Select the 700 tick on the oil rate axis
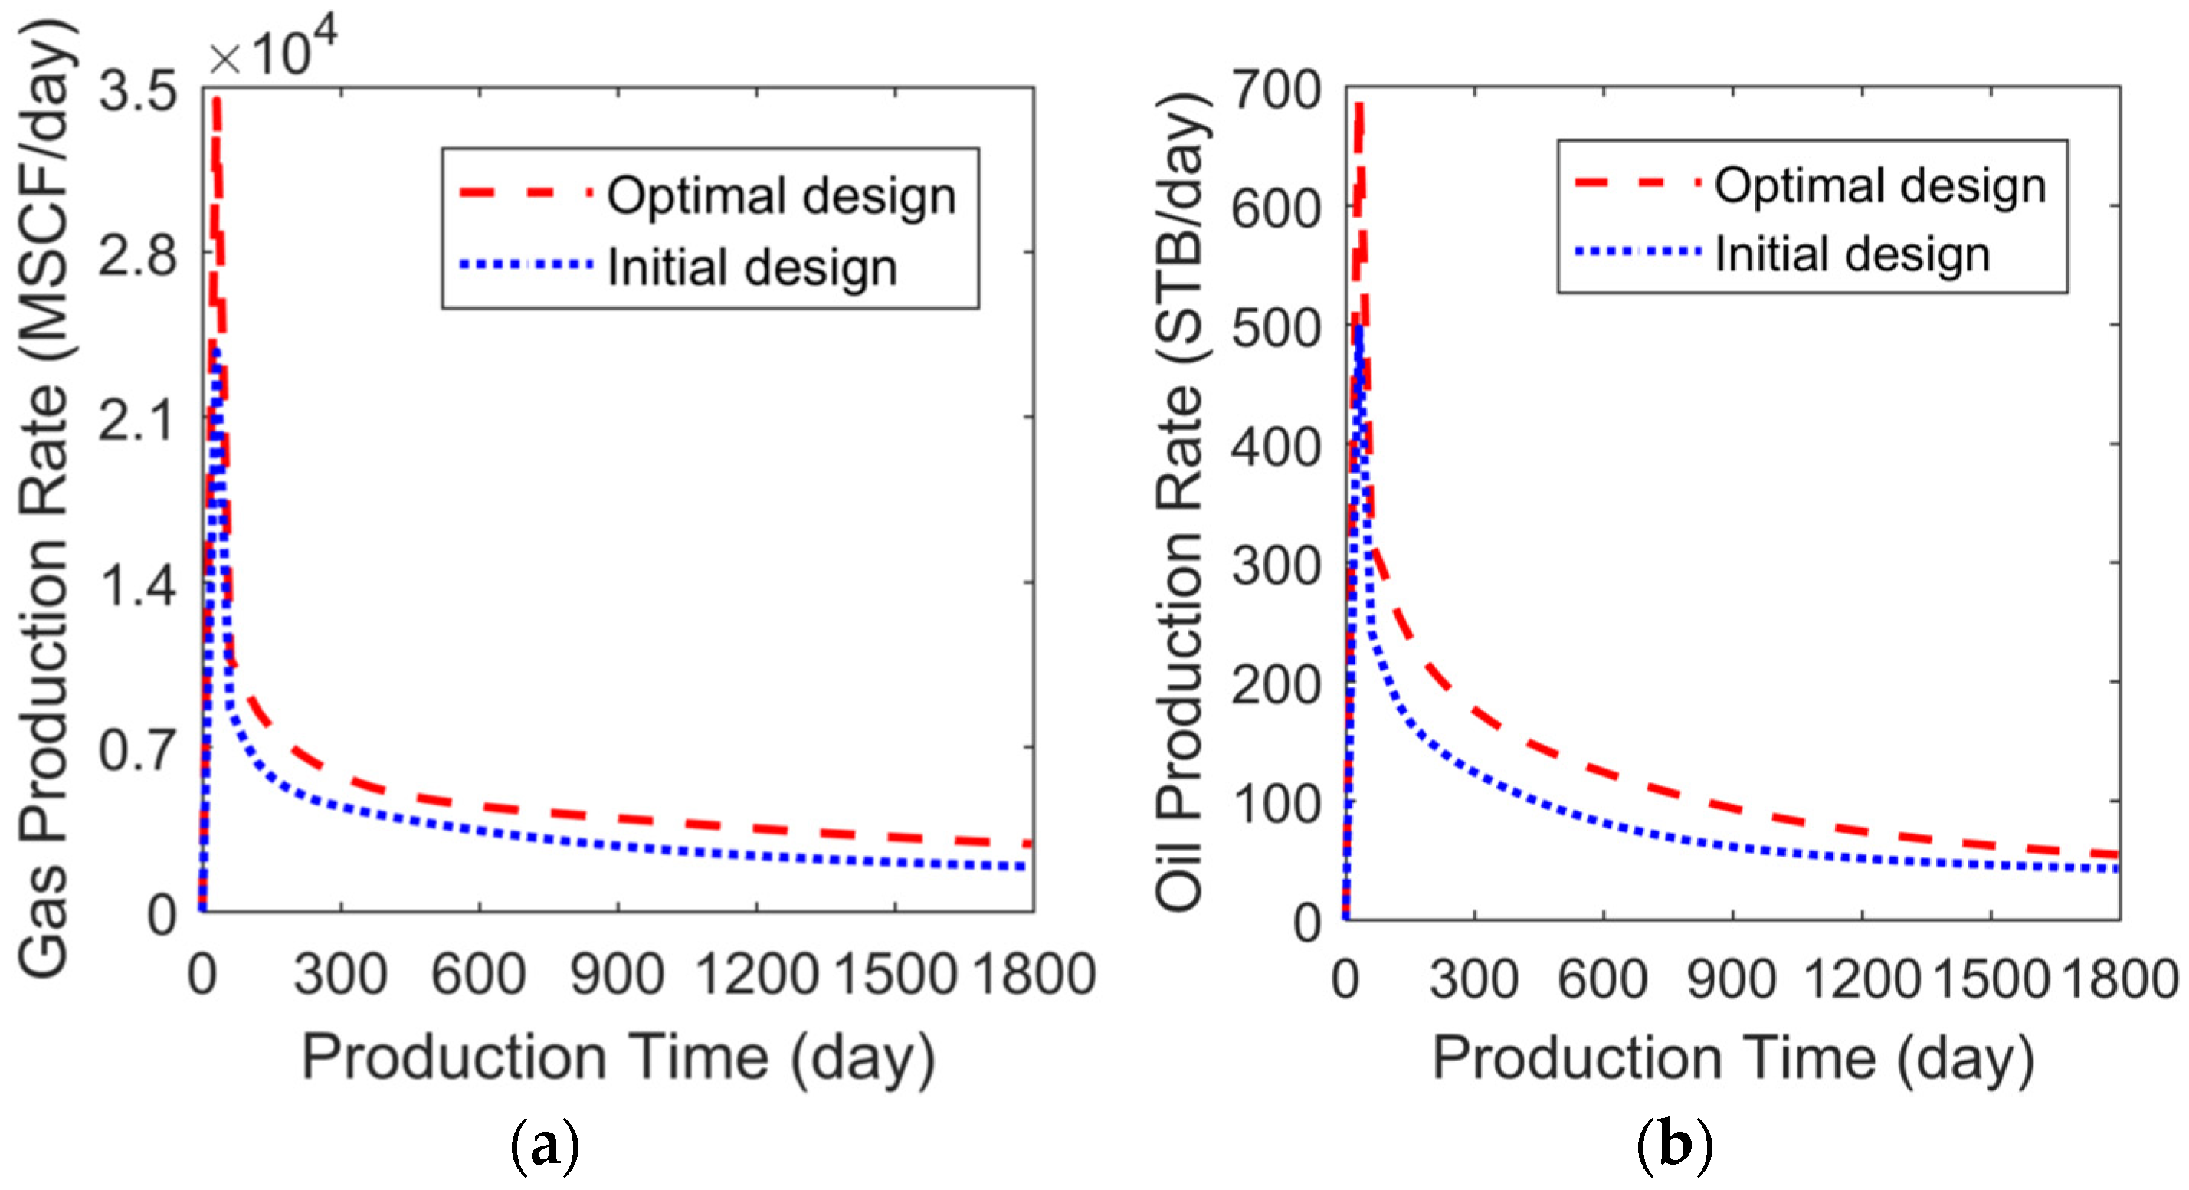pyautogui.click(x=1277, y=90)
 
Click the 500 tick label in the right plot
pyautogui.click(x=1277, y=327)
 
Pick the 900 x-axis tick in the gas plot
pyautogui.click(x=617, y=974)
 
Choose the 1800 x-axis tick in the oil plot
pyautogui.click(x=2121, y=979)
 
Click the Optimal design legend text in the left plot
pyautogui.click(x=782, y=195)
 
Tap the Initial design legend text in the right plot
pyautogui.click(x=1853, y=254)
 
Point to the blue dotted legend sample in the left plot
pyautogui.click(x=525, y=264)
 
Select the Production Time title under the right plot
pyautogui.click(x=1734, y=1059)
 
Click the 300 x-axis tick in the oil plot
pyautogui.click(x=1474, y=979)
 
